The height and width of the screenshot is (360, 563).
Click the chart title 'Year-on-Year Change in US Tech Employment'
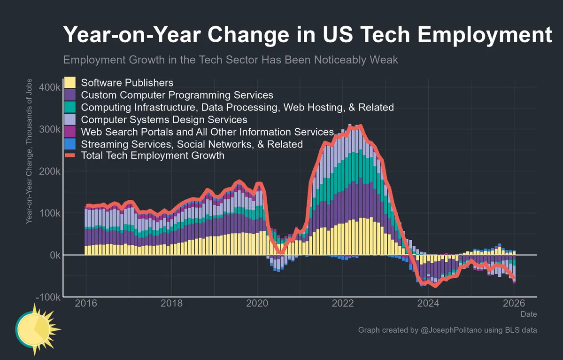(307, 36)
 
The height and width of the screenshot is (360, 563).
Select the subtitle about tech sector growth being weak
(231, 60)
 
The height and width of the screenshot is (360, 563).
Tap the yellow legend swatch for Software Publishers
(70, 83)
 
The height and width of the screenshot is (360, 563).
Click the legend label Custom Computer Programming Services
(177, 95)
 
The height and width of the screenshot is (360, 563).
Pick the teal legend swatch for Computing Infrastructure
(70, 107)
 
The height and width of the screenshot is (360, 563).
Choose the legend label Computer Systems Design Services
(164, 119)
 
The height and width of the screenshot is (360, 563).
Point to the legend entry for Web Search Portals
(207, 132)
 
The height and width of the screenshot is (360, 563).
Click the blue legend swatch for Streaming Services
(70, 144)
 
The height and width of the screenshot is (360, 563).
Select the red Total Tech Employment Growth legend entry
(153, 156)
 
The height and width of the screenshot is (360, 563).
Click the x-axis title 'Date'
(528, 314)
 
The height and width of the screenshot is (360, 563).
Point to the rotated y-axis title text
(29, 151)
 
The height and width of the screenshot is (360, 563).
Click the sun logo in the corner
(37, 328)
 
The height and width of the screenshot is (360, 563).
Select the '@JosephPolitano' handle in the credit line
(450, 330)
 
